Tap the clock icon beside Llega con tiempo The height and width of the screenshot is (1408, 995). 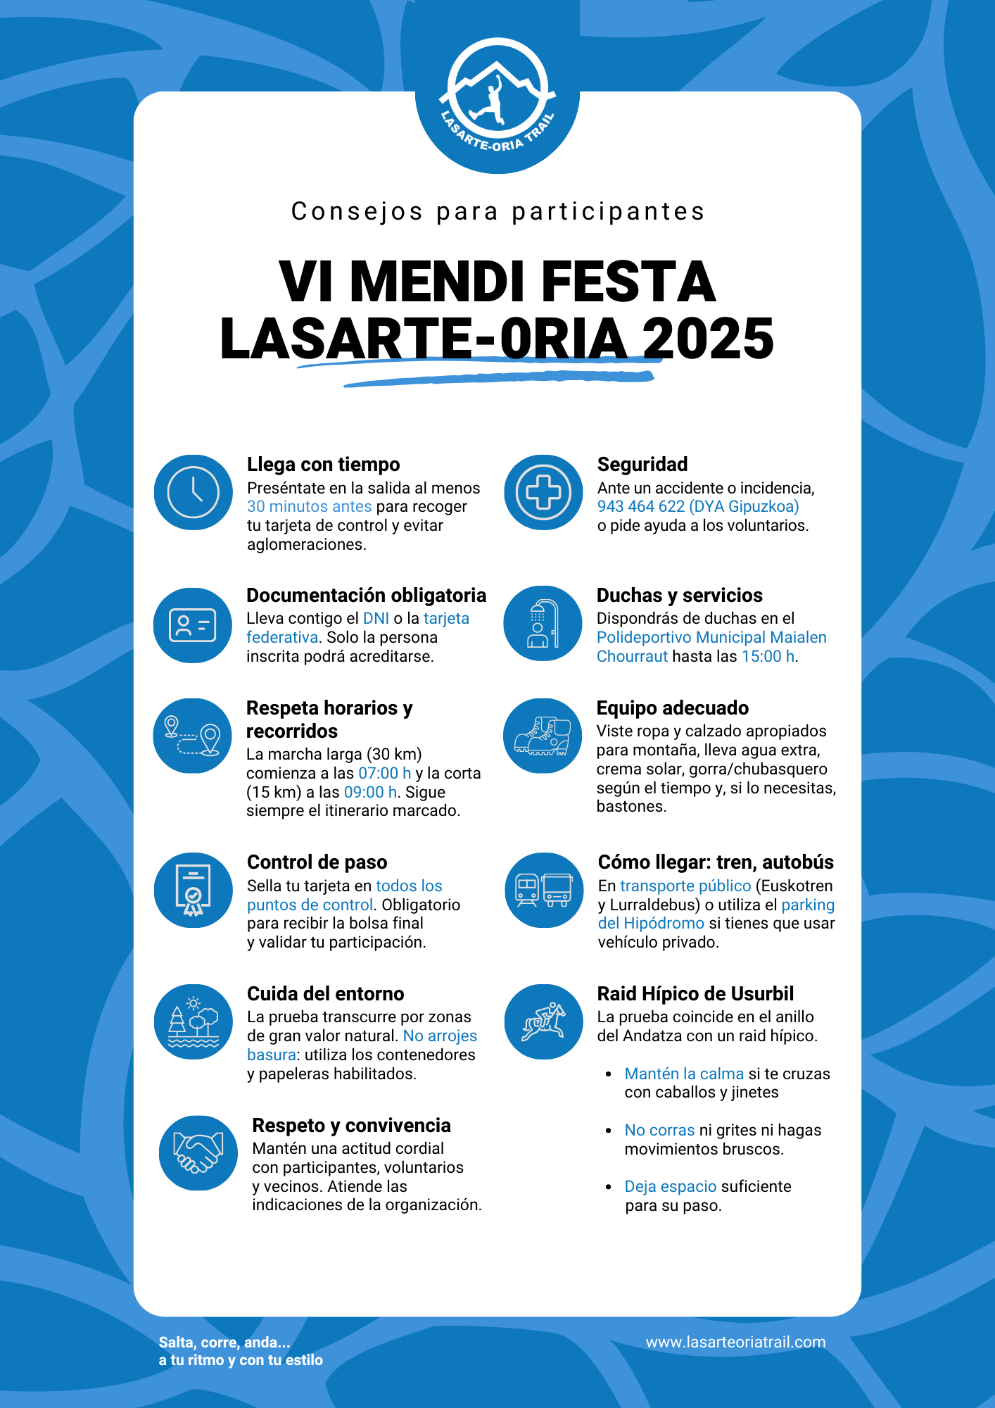click(x=194, y=492)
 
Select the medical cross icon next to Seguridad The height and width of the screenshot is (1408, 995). click(x=543, y=492)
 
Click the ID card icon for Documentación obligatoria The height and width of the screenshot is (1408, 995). click(x=193, y=625)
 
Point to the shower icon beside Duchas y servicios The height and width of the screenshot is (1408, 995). click(x=543, y=624)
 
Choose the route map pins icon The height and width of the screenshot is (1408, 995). click(x=193, y=736)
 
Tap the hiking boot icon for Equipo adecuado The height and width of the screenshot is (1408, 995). click(x=543, y=736)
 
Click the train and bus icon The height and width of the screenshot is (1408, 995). click(x=544, y=890)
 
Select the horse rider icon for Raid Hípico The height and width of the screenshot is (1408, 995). click(x=543, y=1022)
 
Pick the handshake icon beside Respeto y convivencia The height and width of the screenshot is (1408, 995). click(x=198, y=1153)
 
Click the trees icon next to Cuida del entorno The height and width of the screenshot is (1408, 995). click(x=194, y=1022)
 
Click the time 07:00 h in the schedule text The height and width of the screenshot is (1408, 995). click(x=384, y=773)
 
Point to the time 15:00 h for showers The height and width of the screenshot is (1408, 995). click(x=768, y=656)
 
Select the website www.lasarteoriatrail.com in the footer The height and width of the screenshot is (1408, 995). click(x=735, y=1342)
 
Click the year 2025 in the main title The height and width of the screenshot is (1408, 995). click(x=708, y=339)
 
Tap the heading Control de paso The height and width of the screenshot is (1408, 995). click(x=317, y=862)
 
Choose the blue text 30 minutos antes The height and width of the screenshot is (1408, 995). click(x=309, y=506)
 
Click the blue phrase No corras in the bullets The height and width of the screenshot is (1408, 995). click(x=659, y=1130)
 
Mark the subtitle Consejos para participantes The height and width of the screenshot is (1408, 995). click(x=497, y=211)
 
